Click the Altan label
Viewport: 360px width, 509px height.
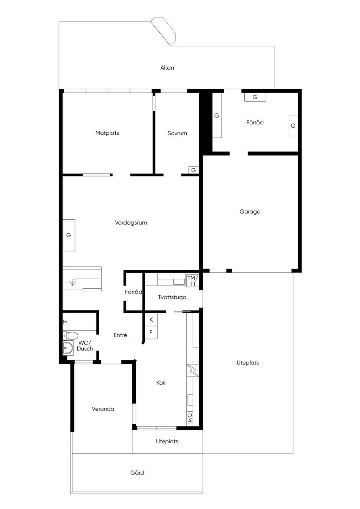[167, 68]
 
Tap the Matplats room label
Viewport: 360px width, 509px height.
[107, 133]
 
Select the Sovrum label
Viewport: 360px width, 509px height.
[177, 133]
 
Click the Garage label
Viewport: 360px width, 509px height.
[250, 212]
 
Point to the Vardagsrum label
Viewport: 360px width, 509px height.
[131, 223]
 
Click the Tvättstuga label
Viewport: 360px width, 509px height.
[172, 297]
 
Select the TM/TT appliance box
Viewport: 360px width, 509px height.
[193, 281]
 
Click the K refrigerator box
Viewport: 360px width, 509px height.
[151, 320]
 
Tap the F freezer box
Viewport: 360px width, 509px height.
[151, 332]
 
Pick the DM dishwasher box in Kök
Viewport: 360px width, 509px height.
[189, 418]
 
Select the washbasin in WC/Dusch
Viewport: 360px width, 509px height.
[68, 348]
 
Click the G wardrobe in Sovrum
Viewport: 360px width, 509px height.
[193, 170]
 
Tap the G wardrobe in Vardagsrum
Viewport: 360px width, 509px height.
[69, 235]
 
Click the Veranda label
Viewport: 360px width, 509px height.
[103, 409]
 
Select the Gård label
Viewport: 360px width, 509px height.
[137, 473]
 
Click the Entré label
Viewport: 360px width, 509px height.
[120, 335]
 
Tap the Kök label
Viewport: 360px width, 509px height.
[161, 382]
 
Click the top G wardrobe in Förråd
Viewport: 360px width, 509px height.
[255, 97]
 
